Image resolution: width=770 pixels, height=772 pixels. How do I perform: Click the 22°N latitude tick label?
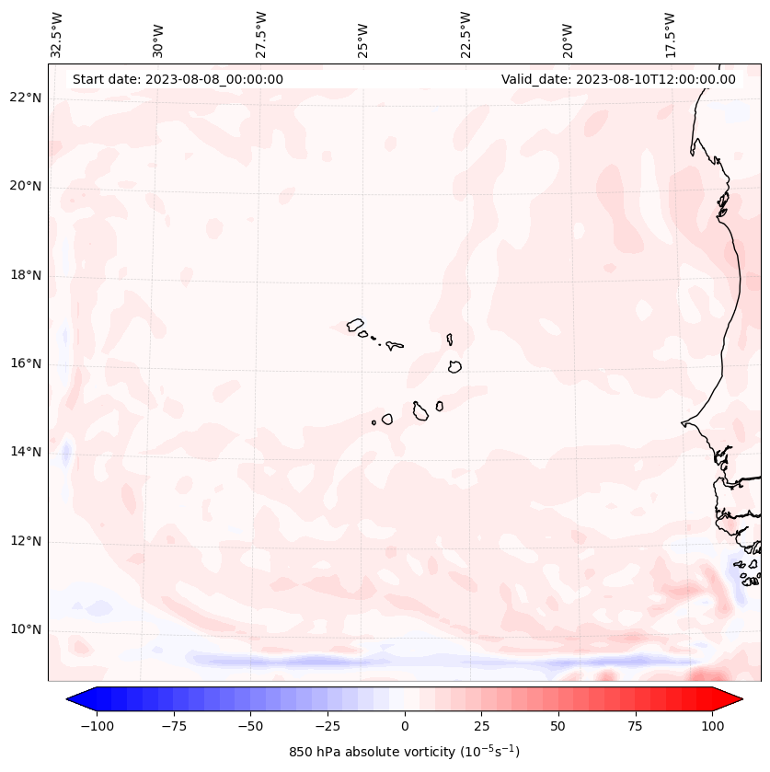click(25, 98)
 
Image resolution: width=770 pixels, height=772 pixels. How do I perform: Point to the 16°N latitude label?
click(25, 363)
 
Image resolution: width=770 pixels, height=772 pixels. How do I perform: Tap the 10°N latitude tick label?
click(25, 629)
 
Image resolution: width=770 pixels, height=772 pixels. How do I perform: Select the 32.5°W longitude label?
click(57, 34)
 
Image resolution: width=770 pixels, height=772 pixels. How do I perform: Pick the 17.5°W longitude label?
click(670, 34)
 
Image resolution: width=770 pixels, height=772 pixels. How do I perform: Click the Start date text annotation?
click(178, 79)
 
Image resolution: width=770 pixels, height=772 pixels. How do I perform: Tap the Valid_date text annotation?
click(618, 79)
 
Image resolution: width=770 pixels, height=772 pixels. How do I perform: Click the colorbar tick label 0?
click(405, 726)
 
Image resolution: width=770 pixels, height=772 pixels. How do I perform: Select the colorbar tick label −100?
click(97, 726)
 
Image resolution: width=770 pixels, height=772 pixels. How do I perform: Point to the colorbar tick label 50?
click(558, 726)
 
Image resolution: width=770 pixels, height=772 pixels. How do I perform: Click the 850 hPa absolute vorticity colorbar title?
click(404, 752)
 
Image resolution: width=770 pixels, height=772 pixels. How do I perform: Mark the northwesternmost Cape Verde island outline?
click(355, 325)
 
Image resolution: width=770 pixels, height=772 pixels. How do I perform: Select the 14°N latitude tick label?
click(25, 452)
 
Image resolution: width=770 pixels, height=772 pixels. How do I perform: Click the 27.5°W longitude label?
click(261, 34)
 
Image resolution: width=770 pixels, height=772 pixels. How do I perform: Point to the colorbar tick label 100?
click(712, 726)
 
